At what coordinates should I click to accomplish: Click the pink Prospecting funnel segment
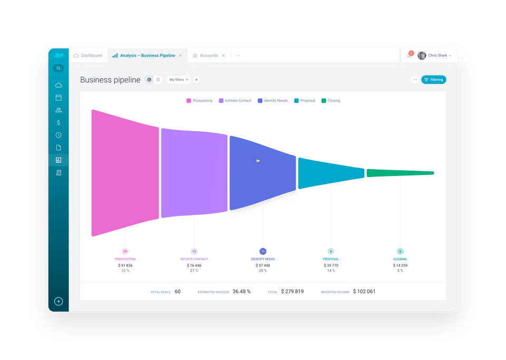pyautogui.click(x=125, y=173)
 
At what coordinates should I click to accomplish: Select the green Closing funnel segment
pyautogui.click(x=400, y=173)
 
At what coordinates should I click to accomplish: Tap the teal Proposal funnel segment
pyautogui.click(x=331, y=173)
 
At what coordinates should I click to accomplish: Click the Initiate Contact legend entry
pyautogui.click(x=235, y=101)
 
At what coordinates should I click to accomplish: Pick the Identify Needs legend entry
pyautogui.click(x=273, y=101)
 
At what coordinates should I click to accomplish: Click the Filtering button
pyautogui.click(x=433, y=80)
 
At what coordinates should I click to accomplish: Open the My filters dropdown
pyautogui.click(x=179, y=80)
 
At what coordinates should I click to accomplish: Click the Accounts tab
pyautogui.click(x=209, y=55)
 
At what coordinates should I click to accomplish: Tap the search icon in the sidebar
pyautogui.click(x=59, y=68)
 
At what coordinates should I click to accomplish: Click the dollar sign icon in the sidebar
pyautogui.click(x=59, y=122)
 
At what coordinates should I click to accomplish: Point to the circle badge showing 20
pyautogui.click(x=125, y=251)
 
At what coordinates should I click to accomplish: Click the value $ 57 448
pyautogui.click(x=262, y=265)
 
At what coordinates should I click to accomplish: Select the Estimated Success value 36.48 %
pyautogui.click(x=241, y=291)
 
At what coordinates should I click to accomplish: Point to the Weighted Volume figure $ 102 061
pyautogui.click(x=364, y=291)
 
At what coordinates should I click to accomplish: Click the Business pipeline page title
pyautogui.click(x=110, y=80)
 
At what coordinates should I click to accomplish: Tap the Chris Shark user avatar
pyautogui.click(x=422, y=55)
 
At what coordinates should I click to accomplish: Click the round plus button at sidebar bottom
pyautogui.click(x=59, y=301)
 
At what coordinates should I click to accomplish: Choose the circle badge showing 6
pyautogui.click(x=400, y=251)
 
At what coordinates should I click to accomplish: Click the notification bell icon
pyautogui.click(x=410, y=55)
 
